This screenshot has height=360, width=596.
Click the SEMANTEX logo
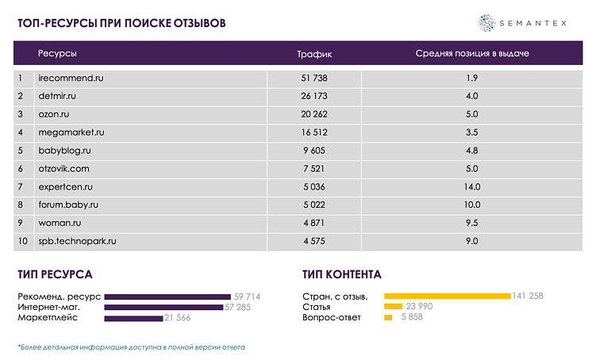(x=522, y=23)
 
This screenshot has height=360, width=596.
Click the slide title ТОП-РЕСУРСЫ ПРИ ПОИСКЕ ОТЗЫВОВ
(x=121, y=23)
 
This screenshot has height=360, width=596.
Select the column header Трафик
(x=314, y=54)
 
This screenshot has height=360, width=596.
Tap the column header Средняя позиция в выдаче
(x=471, y=54)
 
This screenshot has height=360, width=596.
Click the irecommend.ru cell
(x=71, y=79)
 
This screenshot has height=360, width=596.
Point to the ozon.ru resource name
(x=54, y=115)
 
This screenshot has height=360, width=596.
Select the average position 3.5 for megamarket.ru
(x=471, y=132)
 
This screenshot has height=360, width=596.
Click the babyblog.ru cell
(x=64, y=151)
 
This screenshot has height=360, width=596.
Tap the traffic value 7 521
(x=314, y=169)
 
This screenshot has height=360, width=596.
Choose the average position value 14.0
(x=471, y=187)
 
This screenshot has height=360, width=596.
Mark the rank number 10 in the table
(x=23, y=241)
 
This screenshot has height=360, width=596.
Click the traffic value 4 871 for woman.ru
(x=314, y=224)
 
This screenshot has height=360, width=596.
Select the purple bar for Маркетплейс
(x=133, y=318)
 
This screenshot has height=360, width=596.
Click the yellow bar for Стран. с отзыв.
(x=447, y=297)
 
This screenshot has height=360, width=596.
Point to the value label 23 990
(x=419, y=307)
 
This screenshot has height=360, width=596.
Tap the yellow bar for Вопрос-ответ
(x=388, y=318)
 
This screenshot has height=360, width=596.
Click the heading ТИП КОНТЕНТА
(x=341, y=275)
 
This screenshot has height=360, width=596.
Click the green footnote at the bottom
(x=132, y=347)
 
